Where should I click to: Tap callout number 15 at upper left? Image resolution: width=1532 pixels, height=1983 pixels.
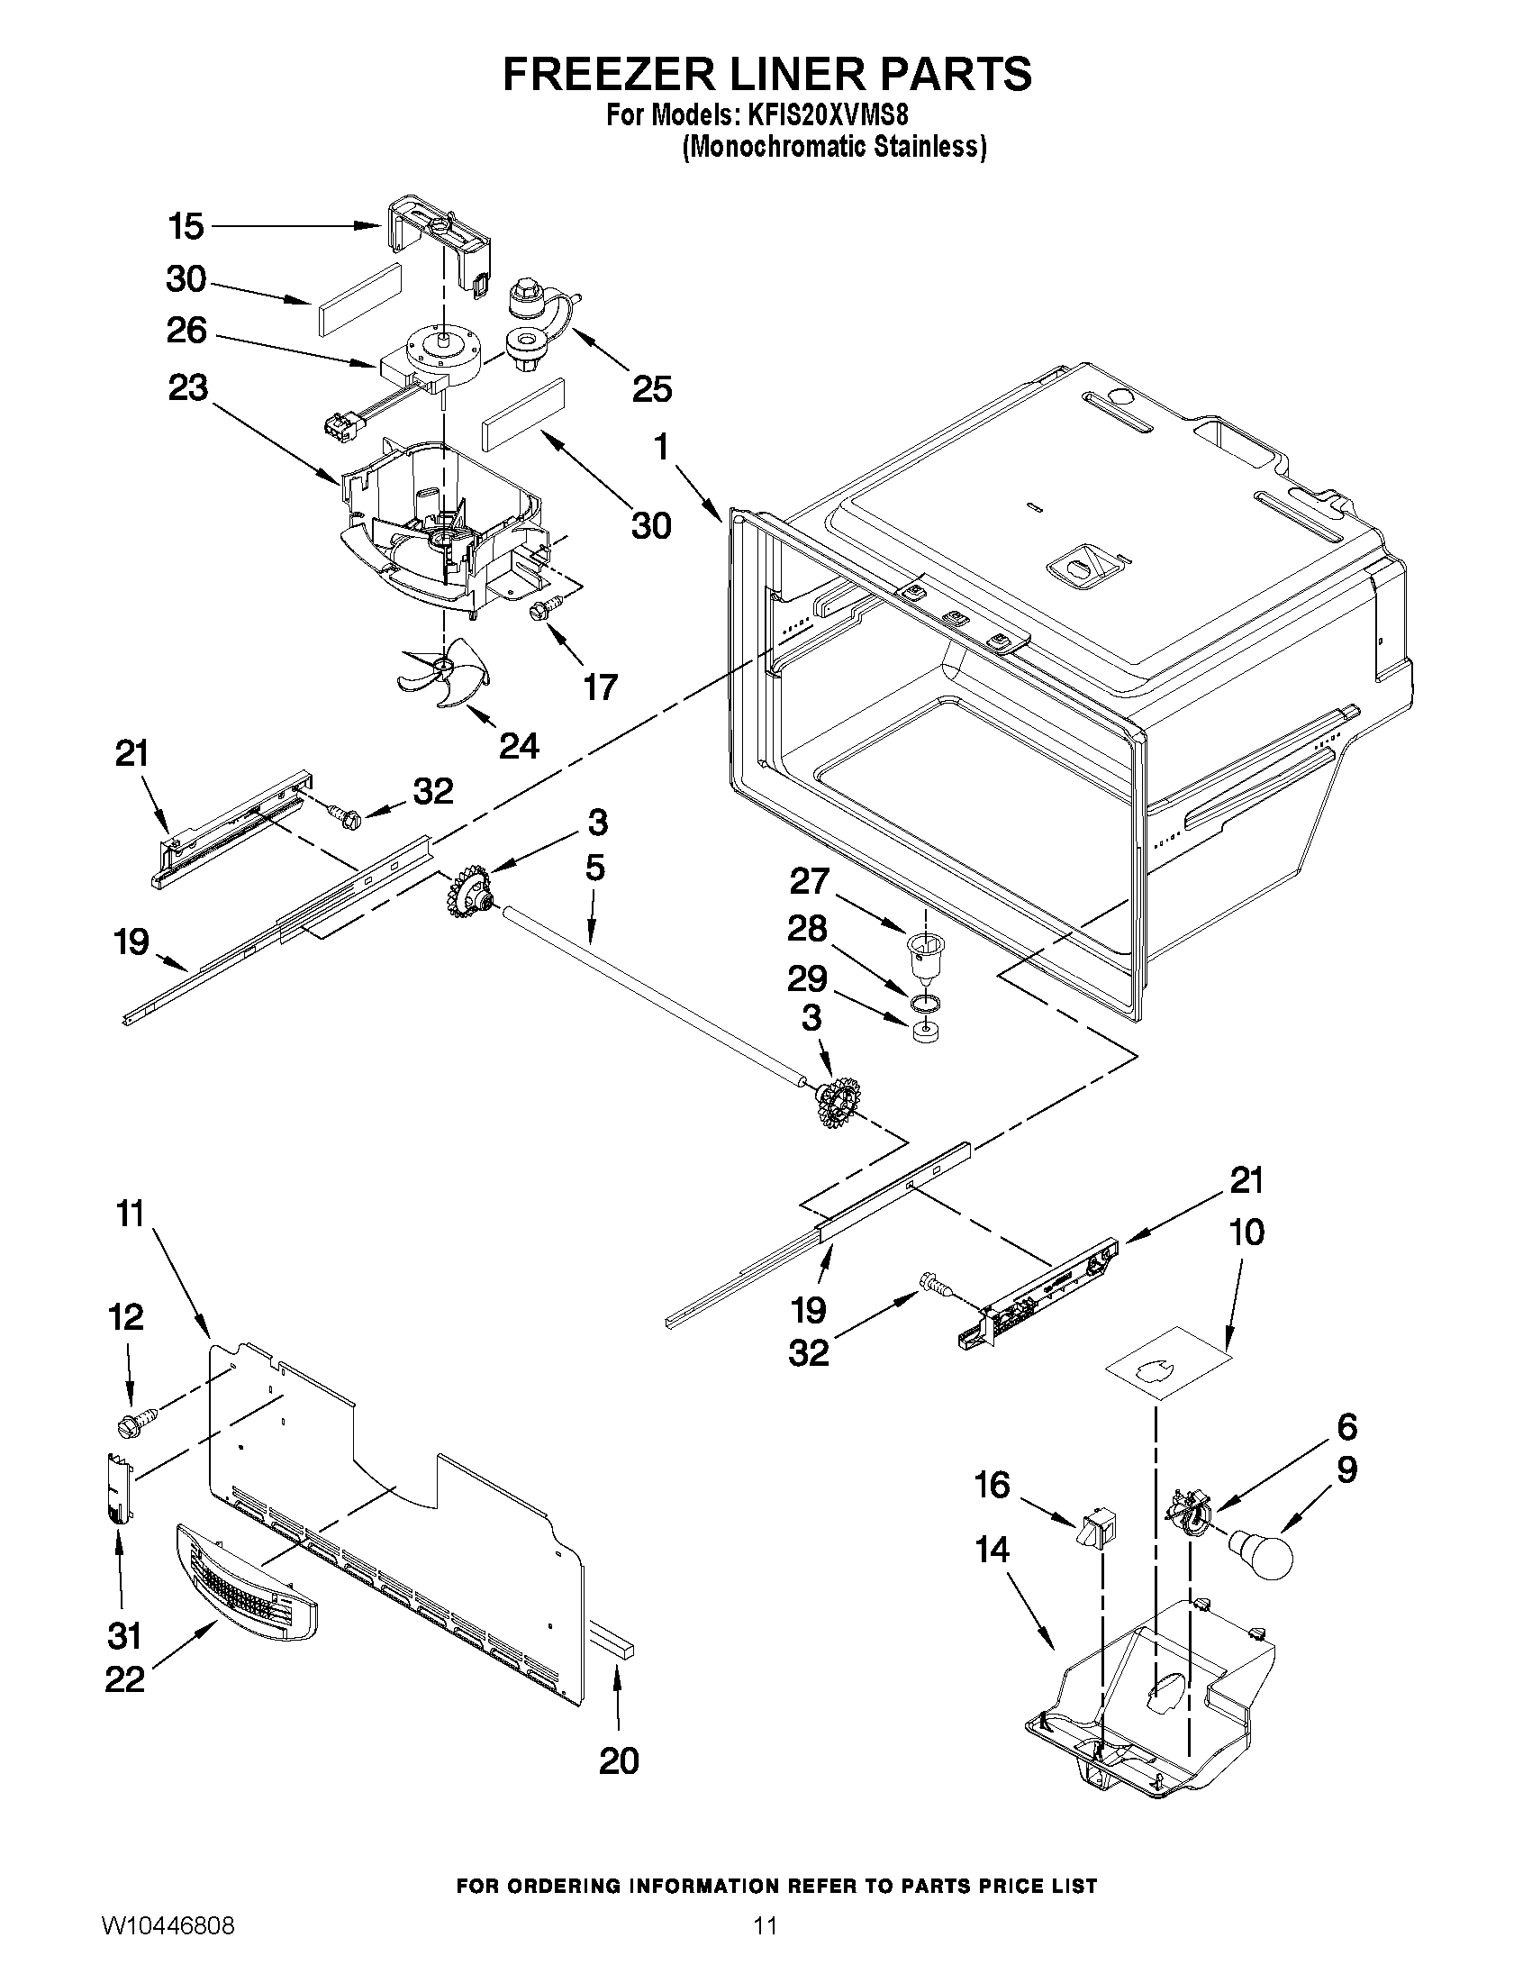point(186,226)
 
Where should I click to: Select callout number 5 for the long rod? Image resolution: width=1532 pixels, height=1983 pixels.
point(594,868)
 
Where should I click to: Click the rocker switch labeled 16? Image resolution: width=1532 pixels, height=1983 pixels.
point(1097,1528)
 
